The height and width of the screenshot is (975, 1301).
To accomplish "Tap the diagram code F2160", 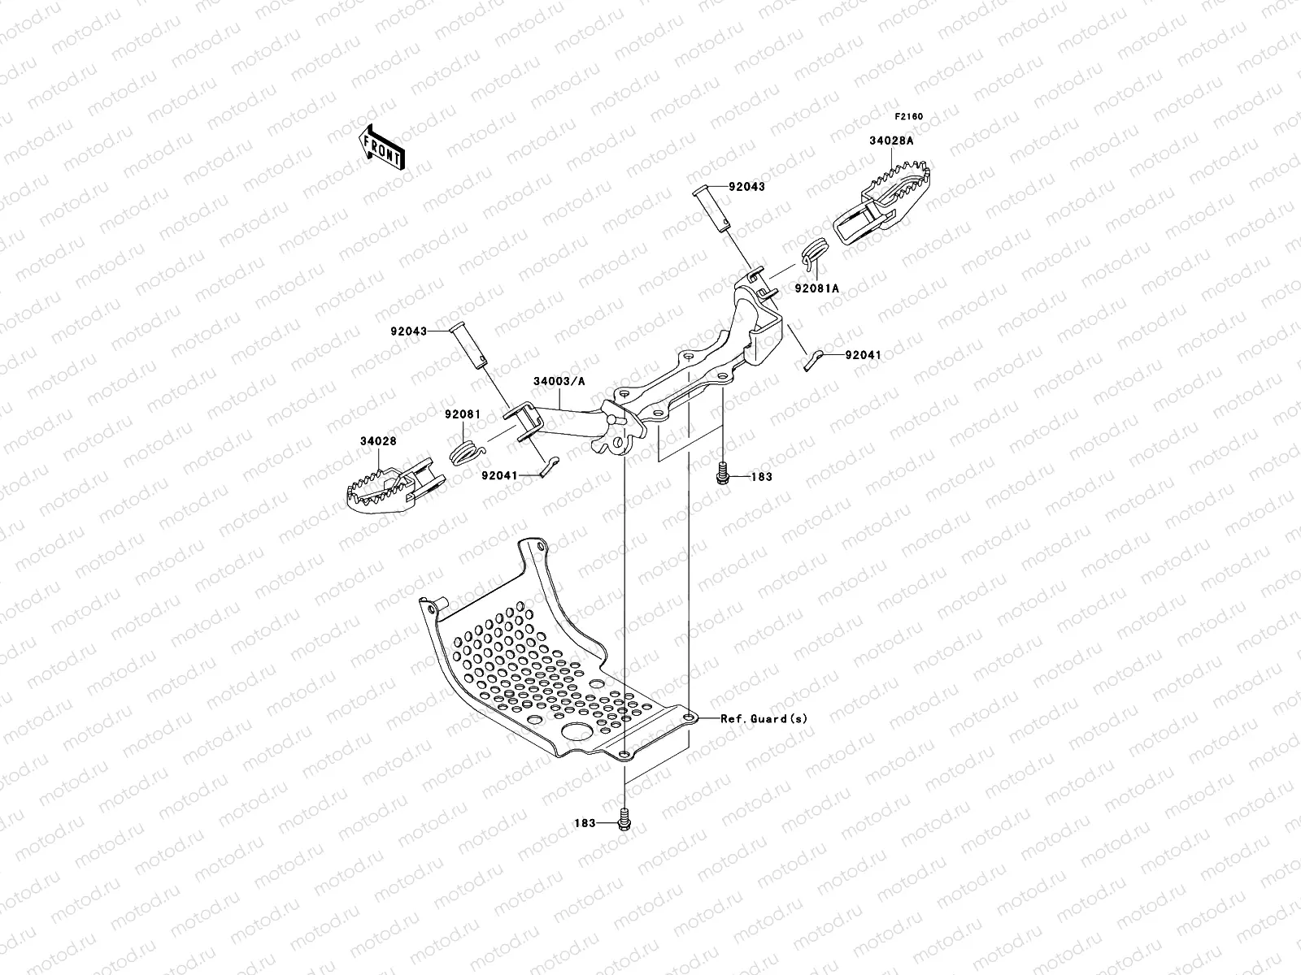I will (x=908, y=116).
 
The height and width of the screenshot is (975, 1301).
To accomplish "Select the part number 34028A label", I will (x=891, y=141).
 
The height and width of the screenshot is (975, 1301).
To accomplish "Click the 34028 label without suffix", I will (x=378, y=441).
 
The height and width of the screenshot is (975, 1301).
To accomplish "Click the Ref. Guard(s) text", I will (x=764, y=718).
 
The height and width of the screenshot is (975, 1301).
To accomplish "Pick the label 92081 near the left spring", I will (x=462, y=414).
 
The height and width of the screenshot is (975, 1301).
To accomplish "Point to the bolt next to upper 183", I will (x=721, y=472).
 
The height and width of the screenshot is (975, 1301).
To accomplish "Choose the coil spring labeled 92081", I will (x=465, y=450).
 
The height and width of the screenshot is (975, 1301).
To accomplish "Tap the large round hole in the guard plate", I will (x=579, y=731).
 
